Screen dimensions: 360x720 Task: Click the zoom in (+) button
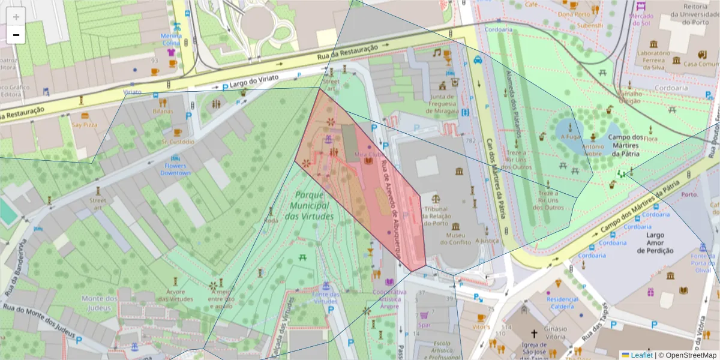point(16,17)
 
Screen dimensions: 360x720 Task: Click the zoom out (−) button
point(16,35)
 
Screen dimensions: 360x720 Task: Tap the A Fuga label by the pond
point(572,136)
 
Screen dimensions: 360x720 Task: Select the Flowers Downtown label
point(175,169)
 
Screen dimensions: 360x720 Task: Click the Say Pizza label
point(85,125)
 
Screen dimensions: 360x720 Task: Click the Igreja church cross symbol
point(534,333)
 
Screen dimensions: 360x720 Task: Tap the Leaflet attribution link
point(641,355)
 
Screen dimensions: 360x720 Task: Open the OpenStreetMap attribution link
point(687,355)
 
